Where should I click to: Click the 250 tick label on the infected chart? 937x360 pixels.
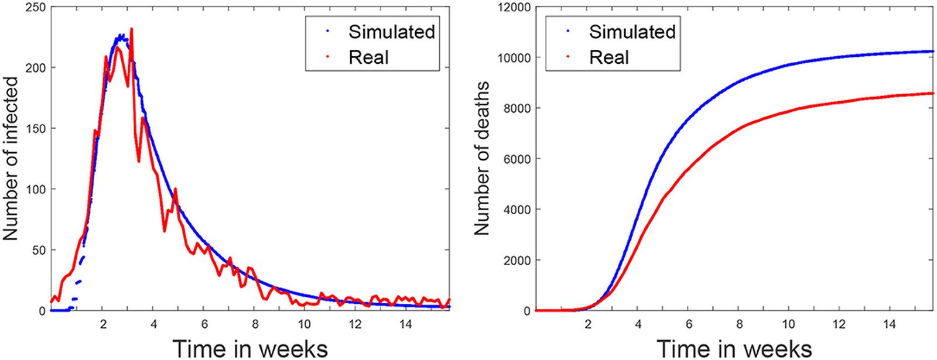pyautogui.click(x=34, y=7)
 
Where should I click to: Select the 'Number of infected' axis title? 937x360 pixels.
pyautogui.click(x=11, y=159)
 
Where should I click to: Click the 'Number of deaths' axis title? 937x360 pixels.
pyautogui.click(x=482, y=159)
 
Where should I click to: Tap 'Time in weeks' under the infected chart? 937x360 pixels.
pyautogui.click(x=250, y=348)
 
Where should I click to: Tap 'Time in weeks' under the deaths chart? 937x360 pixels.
pyautogui.click(x=734, y=348)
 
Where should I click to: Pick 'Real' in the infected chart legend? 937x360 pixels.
pyautogui.click(x=368, y=57)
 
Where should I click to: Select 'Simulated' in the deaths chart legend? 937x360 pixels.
pyautogui.click(x=632, y=32)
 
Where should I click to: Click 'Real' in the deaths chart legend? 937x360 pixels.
pyautogui.click(x=609, y=57)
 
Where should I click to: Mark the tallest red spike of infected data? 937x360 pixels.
pyautogui.click(x=131, y=29)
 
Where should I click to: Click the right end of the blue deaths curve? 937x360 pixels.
pyautogui.click(x=932, y=52)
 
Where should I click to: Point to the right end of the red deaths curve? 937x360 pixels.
pyautogui.click(x=932, y=93)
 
